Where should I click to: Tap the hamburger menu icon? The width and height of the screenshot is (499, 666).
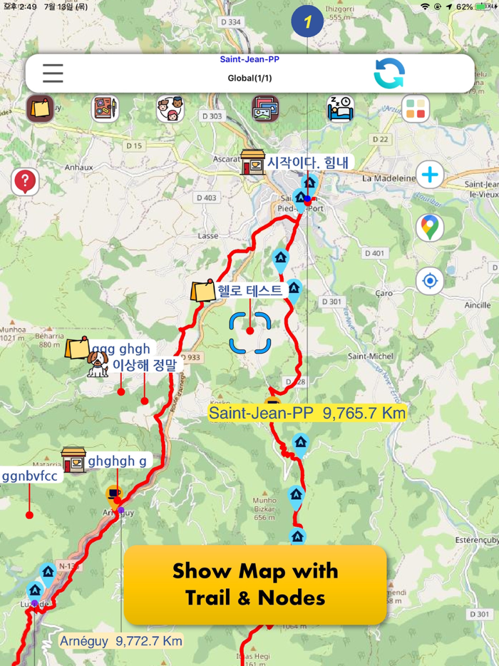click(x=53, y=73)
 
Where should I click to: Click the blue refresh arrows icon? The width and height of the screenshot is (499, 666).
click(x=389, y=73)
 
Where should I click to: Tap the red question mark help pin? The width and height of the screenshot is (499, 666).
click(x=25, y=182)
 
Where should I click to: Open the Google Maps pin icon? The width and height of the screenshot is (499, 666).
click(x=429, y=227)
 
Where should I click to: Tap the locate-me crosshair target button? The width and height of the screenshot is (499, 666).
click(x=429, y=281)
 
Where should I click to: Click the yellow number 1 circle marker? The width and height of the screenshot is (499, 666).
click(x=307, y=21)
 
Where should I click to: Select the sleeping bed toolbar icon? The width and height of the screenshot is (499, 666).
click(x=340, y=109)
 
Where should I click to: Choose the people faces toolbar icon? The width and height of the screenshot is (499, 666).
click(x=170, y=109)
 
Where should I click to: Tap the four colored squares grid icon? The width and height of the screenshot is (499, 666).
click(x=415, y=109)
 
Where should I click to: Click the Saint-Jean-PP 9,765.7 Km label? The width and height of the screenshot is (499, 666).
click(x=307, y=413)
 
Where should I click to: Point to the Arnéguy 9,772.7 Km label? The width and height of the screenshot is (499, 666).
click(x=120, y=640)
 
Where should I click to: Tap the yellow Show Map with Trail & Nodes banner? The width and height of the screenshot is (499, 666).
click(x=255, y=584)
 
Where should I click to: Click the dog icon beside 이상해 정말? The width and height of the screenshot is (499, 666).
click(x=98, y=364)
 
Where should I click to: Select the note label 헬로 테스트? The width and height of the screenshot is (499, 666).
click(x=250, y=290)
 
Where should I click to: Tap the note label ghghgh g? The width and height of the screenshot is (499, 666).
click(x=117, y=461)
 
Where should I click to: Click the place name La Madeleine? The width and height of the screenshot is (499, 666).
click(x=389, y=178)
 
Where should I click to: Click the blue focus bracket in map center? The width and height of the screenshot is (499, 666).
click(x=250, y=332)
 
